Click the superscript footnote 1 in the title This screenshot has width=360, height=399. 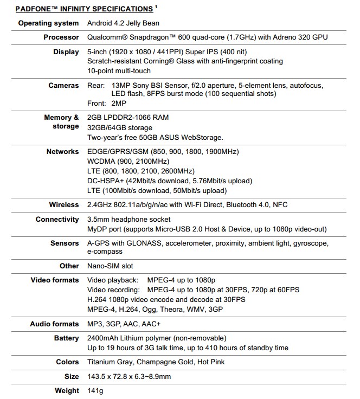(x=156, y=7)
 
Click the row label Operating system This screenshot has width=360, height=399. (x=48, y=23)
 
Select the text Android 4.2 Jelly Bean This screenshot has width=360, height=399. (x=123, y=23)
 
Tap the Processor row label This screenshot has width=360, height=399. (x=61, y=37)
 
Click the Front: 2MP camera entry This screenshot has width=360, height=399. (x=107, y=104)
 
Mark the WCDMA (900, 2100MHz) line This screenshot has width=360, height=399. (x=128, y=162)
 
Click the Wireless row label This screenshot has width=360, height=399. (x=63, y=205)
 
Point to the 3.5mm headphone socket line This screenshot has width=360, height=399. (x=128, y=220)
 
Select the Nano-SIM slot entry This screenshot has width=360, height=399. (x=110, y=266)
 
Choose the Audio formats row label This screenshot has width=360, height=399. (x=54, y=324)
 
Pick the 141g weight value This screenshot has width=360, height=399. (x=95, y=391)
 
